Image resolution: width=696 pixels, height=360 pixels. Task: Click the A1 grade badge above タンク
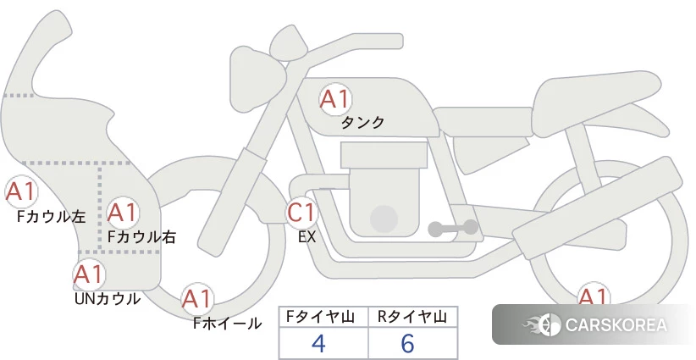(x=335, y=99)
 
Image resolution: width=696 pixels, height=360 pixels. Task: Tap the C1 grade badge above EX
(x=301, y=212)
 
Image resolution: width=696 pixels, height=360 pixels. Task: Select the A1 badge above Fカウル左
(x=20, y=192)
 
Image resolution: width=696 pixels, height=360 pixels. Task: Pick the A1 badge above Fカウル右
(x=123, y=213)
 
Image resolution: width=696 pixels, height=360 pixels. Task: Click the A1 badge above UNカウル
(x=89, y=274)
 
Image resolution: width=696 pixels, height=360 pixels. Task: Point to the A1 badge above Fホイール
(x=196, y=299)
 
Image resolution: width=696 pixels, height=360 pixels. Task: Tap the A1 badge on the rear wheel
(x=593, y=294)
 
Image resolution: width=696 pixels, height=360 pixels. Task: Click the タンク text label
(x=362, y=123)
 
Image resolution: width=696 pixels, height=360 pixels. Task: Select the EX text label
(x=307, y=237)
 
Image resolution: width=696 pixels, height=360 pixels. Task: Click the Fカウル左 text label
(x=52, y=216)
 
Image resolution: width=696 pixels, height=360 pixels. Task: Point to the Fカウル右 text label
(x=142, y=236)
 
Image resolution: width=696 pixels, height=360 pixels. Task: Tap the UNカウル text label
(x=108, y=299)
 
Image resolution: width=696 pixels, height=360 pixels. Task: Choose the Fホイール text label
(x=228, y=324)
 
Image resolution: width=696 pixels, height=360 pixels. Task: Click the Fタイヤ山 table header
(x=320, y=317)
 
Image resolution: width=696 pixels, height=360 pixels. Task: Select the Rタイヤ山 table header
(x=412, y=317)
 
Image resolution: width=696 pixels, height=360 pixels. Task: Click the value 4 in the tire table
(x=319, y=343)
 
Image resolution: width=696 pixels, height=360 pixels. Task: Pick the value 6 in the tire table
(x=407, y=343)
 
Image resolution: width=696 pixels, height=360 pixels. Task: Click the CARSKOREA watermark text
(x=616, y=325)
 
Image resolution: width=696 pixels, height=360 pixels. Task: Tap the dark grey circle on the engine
(x=384, y=219)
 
